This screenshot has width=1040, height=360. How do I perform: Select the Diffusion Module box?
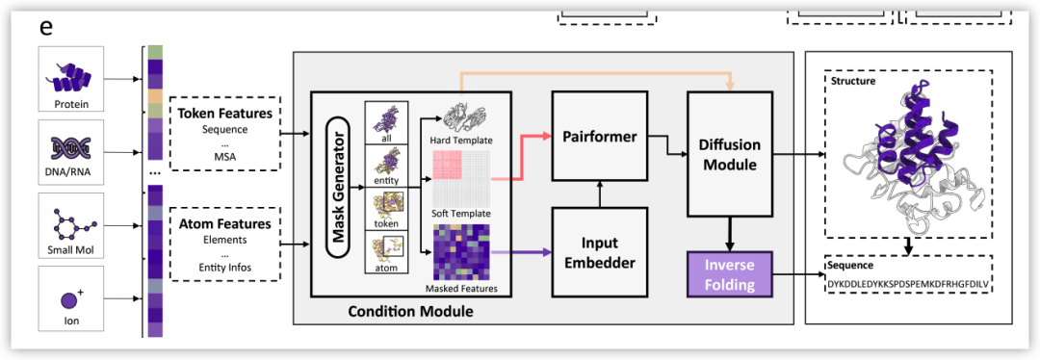pos(730,155)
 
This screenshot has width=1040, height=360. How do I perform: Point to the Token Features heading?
pos(224,114)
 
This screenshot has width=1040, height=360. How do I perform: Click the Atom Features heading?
pos(224,224)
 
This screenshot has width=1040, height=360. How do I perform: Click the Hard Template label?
pos(461,141)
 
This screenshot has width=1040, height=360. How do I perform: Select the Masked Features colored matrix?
pos(461,252)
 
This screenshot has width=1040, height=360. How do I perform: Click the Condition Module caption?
pos(410,310)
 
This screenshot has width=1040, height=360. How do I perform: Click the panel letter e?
pos(46,28)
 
